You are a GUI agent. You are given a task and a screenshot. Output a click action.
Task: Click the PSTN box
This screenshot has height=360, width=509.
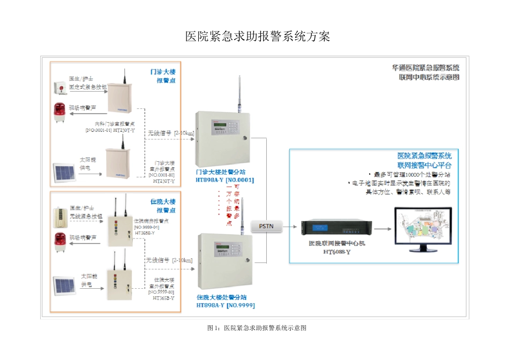pyautogui.click(x=266, y=226)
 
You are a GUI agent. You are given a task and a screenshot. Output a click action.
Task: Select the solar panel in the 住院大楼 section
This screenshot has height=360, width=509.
pyautogui.click(x=65, y=284)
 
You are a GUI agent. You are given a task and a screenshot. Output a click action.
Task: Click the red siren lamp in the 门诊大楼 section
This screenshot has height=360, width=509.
pyautogui.click(x=59, y=111)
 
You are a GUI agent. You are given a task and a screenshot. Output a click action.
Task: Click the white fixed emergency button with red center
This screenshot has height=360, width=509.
pyautogui.click(x=59, y=87)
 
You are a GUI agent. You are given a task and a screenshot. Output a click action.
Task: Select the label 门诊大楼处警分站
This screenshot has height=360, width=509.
pyautogui.click(x=225, y=172)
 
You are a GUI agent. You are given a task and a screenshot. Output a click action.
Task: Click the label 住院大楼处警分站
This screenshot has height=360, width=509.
pyautogui.click(x=225, y=297)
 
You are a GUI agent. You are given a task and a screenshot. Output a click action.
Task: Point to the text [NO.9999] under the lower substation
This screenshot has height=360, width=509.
pyautogui.click(x=240, y=305)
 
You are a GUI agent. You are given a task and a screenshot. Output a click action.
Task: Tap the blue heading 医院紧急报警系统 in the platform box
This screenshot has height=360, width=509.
pyautogui.click(x=424, y=156)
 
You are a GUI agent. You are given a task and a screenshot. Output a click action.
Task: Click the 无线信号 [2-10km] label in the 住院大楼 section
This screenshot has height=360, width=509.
pyautogui.click(x=169, y=260)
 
